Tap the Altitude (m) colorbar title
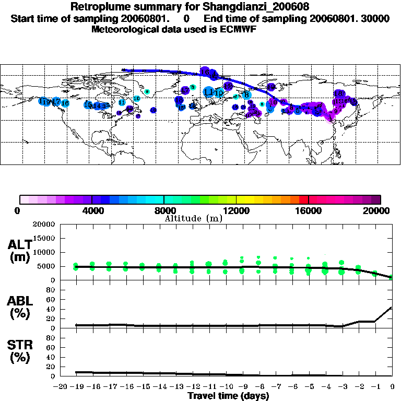(x=193, y=219)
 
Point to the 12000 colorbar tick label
(x=236, y=210)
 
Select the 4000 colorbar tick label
(x=91, y=210)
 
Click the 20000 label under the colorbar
(x=380, y=210)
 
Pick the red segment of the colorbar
(x=303, y=199)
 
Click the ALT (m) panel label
(x=19, y=251)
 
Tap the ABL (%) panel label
(x=19, y=308)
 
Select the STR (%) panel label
(x=19, y=351)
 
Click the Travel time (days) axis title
(x=228, y=396)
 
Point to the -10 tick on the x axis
(x=225, y=387)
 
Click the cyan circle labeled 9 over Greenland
(x=147, y=92)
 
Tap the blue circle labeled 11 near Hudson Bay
(x=122, y=103)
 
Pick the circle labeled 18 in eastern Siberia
(x=338, y=93)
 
